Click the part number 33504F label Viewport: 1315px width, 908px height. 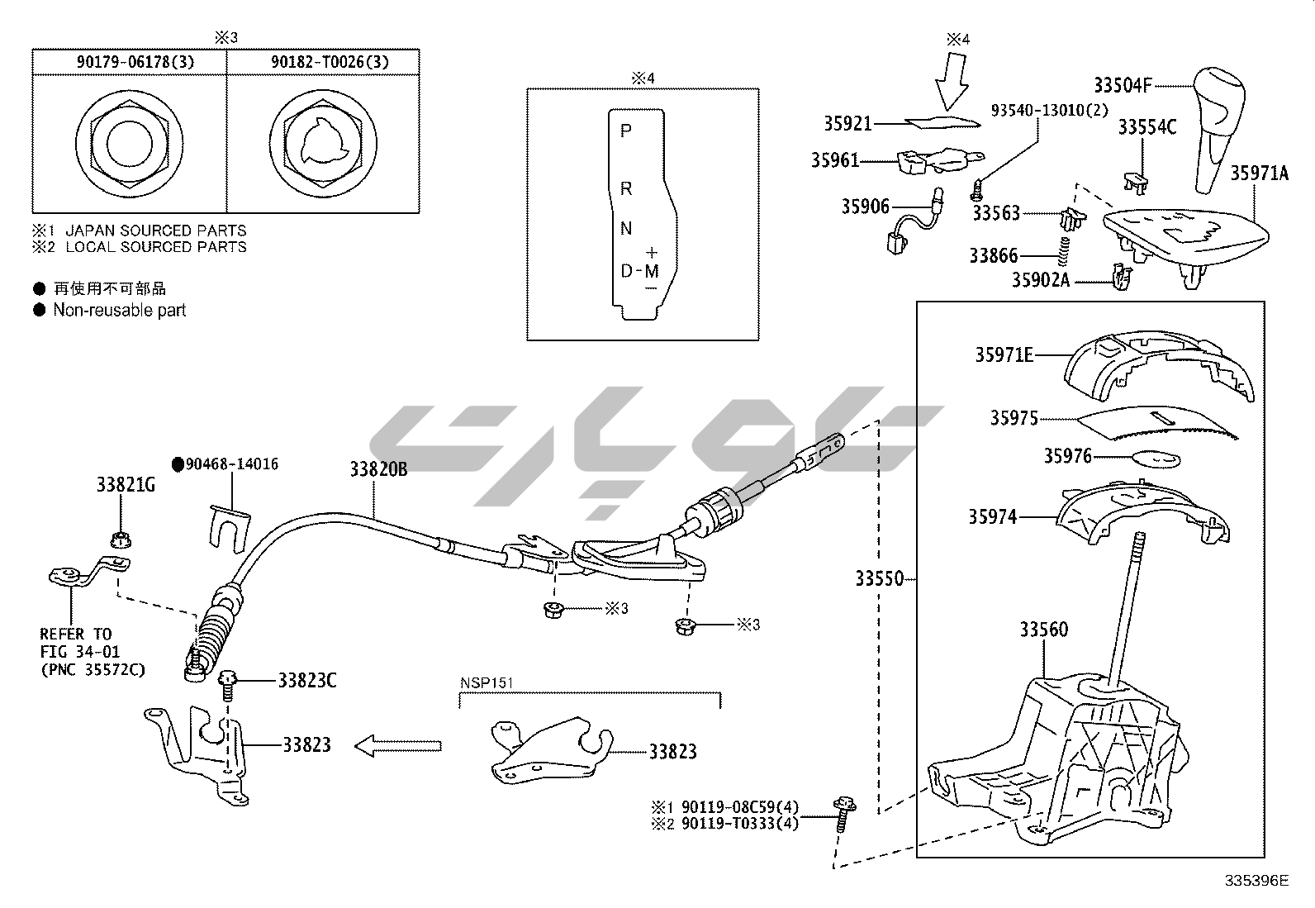(x=1123, y=85)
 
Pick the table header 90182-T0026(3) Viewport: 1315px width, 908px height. (x=325, y=62)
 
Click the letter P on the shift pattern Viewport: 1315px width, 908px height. (x=625, y=131)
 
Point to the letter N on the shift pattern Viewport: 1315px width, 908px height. (x=626, y=229)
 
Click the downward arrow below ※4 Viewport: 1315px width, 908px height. (x=955, y=81)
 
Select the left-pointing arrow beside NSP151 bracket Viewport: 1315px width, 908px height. (x=398, y=746)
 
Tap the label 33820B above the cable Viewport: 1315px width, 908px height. (x=378, y=470)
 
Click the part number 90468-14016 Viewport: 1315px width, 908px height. (x=231, y=464)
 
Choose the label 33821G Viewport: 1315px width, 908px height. (x=126, y=485)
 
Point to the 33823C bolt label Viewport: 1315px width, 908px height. (x=306, y=681)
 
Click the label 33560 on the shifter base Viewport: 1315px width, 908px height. (x=1043, y=630)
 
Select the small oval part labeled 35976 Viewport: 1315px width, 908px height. (x=1155, y=458)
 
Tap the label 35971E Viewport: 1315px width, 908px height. (x=1004, y=355)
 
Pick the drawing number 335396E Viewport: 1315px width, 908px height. (x=1256, y=881)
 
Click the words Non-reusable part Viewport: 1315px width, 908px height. (x=120, y=311)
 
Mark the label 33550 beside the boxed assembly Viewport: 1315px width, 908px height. (x=879, y=579)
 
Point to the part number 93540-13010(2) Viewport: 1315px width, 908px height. (x=1050, y=112)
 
